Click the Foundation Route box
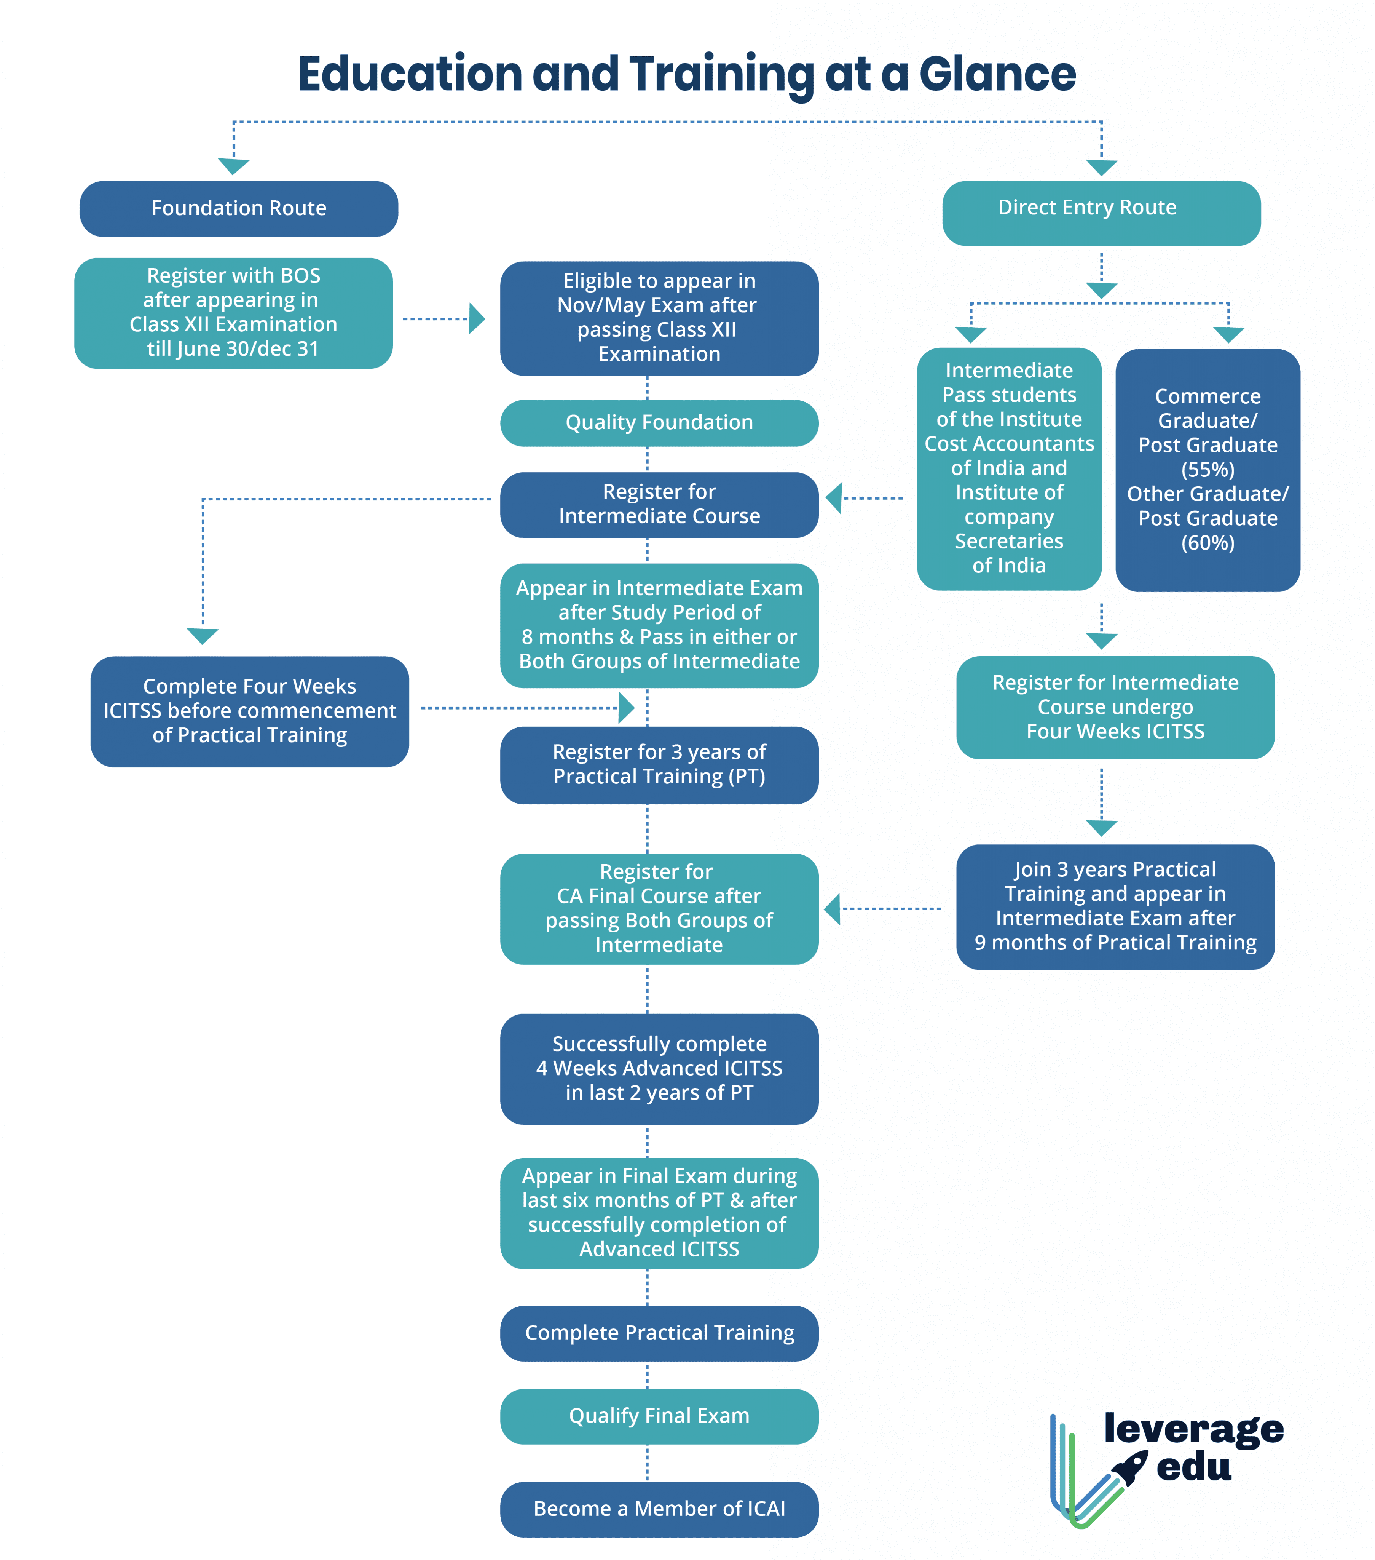coord(239,208)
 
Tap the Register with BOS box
coord(233,313)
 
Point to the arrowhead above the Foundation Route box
coord(233,166)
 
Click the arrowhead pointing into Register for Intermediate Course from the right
coord(835,499)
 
